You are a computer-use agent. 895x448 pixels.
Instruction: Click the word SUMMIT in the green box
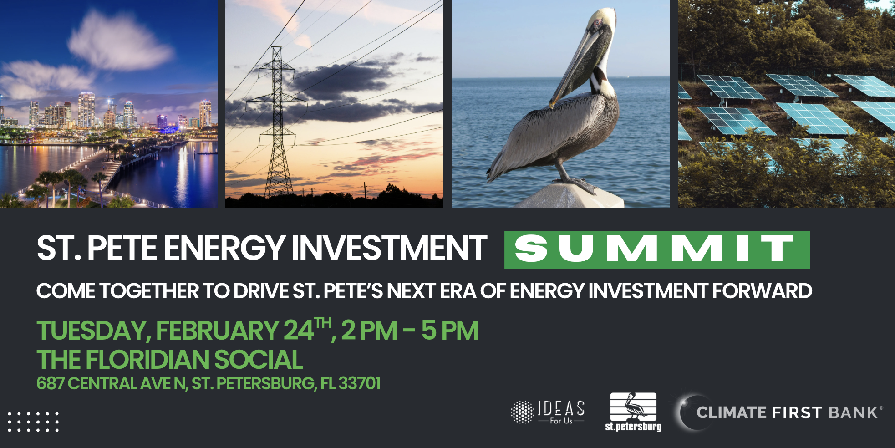pos(654,248)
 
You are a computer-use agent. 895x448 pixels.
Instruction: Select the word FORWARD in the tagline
pos(762,291)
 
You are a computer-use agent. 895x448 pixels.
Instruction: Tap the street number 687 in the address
pos(51,383)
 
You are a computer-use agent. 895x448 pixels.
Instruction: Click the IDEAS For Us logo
pos(548,412)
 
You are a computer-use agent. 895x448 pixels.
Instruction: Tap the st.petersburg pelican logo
pos(633,412)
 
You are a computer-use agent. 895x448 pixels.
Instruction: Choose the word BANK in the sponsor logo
pos(853,412)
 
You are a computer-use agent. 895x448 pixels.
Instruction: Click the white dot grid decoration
pos(33,422)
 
